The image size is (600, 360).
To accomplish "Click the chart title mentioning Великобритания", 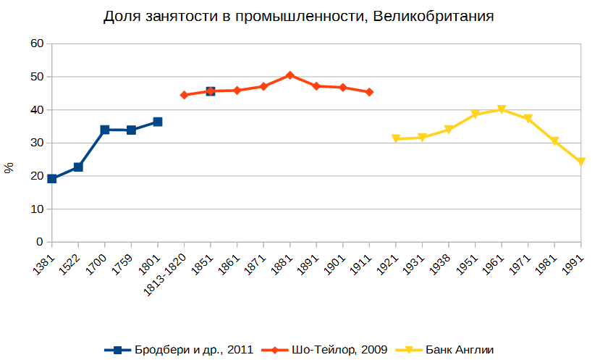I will [300, 17].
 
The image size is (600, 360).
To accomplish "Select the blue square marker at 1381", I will [52, 178].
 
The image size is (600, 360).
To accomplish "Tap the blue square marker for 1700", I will [105, 130].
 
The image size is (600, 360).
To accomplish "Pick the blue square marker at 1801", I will [158, 122].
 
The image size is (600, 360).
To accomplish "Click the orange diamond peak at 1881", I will [290, 75].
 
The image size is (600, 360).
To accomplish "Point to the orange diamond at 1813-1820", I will [184, 95].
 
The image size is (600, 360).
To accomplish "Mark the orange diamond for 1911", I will [369, 92].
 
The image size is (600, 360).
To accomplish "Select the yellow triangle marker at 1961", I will [502, 109].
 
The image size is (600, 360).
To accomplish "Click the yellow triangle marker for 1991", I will [580, 162].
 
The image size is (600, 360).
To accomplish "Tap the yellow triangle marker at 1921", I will [396, 138].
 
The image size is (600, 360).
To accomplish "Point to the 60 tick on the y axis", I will [35, 43].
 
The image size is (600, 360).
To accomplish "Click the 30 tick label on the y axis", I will [35, 143].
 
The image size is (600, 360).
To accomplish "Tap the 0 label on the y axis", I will [39, 242].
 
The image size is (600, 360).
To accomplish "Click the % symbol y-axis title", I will [9, 168].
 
